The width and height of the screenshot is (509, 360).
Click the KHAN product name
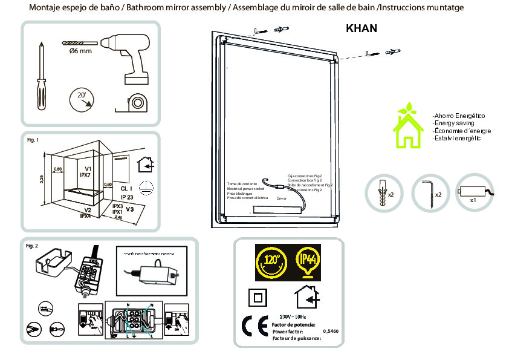(x=361, y=28)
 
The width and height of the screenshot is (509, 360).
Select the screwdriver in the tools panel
(x=41, y=76)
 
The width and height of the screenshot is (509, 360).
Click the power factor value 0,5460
(x=330, y=332)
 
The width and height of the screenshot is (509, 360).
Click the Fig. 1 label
(x=33, y=140)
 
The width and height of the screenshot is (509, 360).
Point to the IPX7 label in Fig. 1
(x=85, y=175)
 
